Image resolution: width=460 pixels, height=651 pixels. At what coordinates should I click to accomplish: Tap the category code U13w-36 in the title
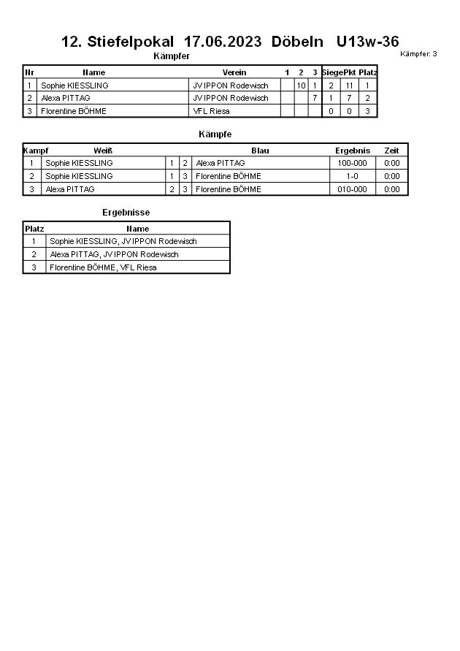pos(367,42)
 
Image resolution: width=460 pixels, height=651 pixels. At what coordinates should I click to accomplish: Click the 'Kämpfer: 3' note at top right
pos(418,54)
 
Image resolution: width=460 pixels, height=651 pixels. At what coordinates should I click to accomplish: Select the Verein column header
pos(234,72)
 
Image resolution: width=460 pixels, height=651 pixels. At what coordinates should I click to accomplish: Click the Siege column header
pos(331,72)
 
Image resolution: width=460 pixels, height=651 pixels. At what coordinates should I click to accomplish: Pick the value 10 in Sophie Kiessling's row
pos(301,85)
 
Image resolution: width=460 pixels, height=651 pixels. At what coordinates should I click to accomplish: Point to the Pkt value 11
pos(349,85)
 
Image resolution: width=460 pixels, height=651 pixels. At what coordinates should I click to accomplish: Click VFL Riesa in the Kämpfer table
pos(211,111)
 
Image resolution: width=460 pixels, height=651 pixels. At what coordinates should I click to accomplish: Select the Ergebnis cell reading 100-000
pos(353,163)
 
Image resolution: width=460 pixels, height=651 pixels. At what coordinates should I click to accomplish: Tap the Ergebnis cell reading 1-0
pos(353,176)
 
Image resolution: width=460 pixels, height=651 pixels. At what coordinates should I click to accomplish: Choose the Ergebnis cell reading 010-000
pos(353,189)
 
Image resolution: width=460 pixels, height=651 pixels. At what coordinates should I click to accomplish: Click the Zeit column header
pos(391,151)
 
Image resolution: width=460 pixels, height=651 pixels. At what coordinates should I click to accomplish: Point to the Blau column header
pos(260,151)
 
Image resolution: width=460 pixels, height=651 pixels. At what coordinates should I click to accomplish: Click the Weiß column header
pos(103,151)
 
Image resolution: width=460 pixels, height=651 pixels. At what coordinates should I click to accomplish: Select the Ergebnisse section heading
pos(126,213)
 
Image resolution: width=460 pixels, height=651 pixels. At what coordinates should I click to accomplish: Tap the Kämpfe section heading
pos(215,134)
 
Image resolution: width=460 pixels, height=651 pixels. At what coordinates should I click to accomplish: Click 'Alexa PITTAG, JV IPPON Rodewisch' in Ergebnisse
pos(114,254)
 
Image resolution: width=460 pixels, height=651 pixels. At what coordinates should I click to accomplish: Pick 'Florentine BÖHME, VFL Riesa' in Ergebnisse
pos(103,267)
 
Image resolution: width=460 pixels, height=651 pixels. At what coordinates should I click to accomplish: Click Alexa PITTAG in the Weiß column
pos(70,189)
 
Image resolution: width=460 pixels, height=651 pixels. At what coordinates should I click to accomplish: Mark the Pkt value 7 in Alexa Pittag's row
pos(349,98)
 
